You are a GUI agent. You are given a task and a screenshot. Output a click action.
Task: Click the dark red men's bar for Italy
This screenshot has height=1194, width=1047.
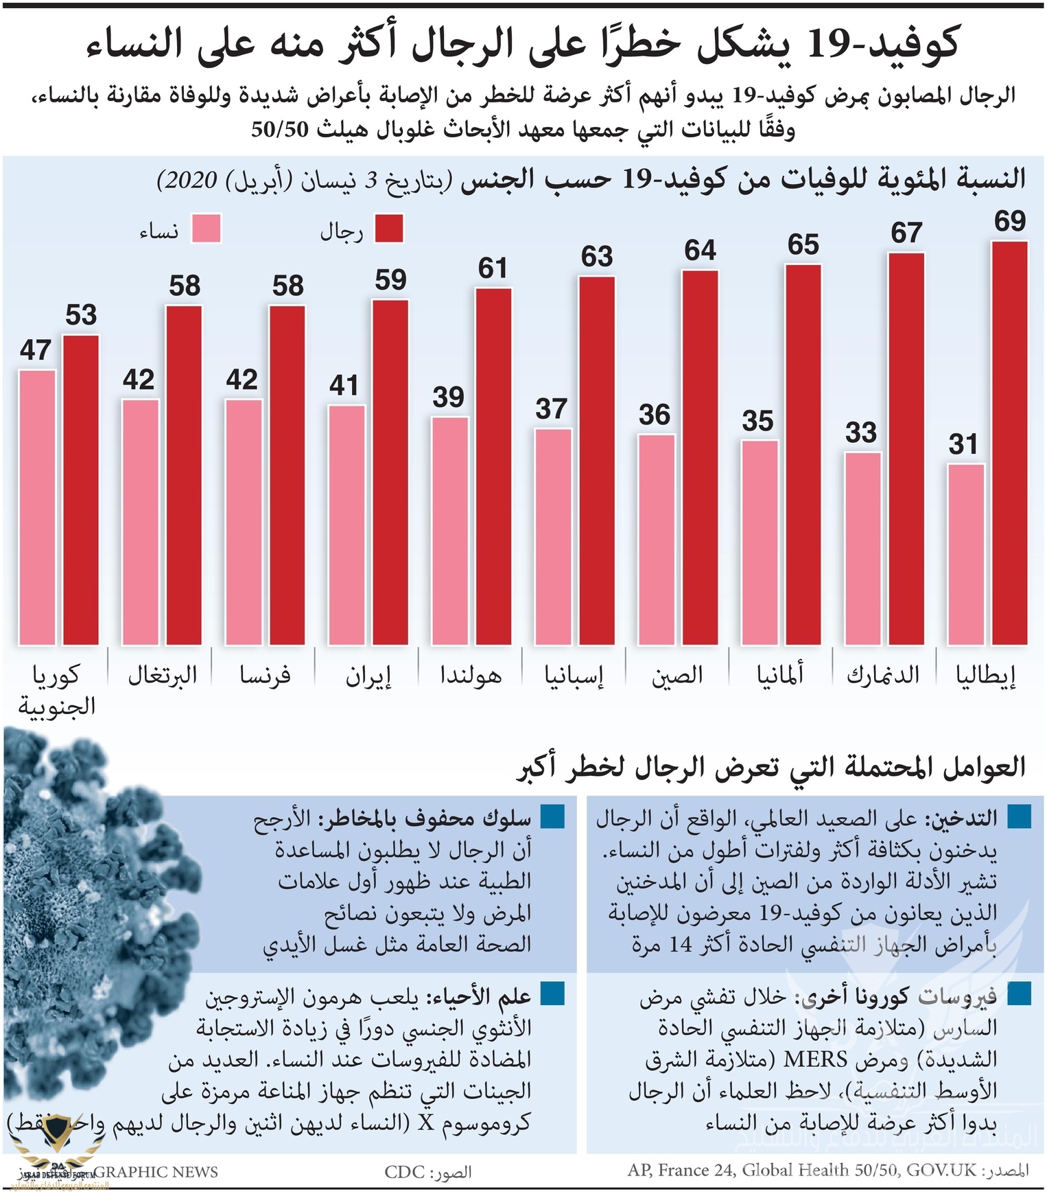click(1009, 443)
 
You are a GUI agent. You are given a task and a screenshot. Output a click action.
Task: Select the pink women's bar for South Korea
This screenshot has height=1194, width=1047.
click(37, 507)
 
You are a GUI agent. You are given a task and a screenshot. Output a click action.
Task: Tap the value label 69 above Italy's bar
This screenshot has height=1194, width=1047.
click(1009, 221)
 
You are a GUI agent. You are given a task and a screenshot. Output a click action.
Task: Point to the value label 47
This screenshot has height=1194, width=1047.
click(36, 350)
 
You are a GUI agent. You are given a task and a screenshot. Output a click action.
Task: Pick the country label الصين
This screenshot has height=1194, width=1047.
click(677, 675)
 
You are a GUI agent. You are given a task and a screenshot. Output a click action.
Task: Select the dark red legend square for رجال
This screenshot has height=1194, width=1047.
click(388, 229)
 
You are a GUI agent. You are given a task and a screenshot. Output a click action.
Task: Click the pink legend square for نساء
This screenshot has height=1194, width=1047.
click(206, 229)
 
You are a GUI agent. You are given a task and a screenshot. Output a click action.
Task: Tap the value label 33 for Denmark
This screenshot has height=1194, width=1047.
click(860, 433)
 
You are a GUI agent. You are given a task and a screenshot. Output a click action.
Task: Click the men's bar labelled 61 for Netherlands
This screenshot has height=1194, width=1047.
click(493, 467)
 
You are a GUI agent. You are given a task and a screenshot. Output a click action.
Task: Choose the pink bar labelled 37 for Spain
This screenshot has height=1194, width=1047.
click(553, 537)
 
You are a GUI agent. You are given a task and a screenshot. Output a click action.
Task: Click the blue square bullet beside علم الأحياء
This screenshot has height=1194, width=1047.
click(552, 994)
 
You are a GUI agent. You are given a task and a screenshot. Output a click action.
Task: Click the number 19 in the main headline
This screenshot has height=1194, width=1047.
click(823, 45)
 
